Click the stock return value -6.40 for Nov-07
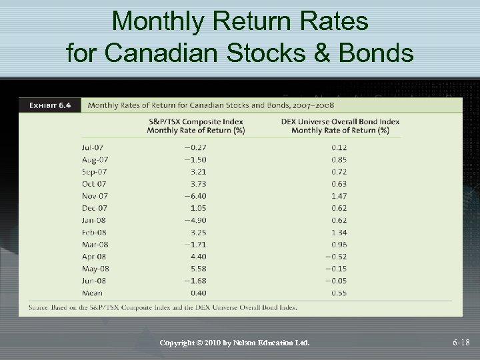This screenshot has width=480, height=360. [x=195, y=196]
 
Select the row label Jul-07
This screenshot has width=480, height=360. [x=94, y=147]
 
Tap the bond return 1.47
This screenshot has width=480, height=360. [x=339, y=196]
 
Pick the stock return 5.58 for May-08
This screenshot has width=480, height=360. [x=198, y=269]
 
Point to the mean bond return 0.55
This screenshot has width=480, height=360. [x=339, y=293]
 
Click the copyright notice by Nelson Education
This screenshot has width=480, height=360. [x=235, y=343]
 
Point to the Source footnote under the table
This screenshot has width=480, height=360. [x=163, y=308]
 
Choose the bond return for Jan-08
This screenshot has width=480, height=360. [x=339, y=220]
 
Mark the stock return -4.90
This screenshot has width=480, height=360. [x=195, y=220]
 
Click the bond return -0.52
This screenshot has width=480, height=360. [x=337, y=257]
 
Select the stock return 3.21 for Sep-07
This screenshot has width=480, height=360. [x=198, y=172]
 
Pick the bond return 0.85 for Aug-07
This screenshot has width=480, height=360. [x=339, y=160]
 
